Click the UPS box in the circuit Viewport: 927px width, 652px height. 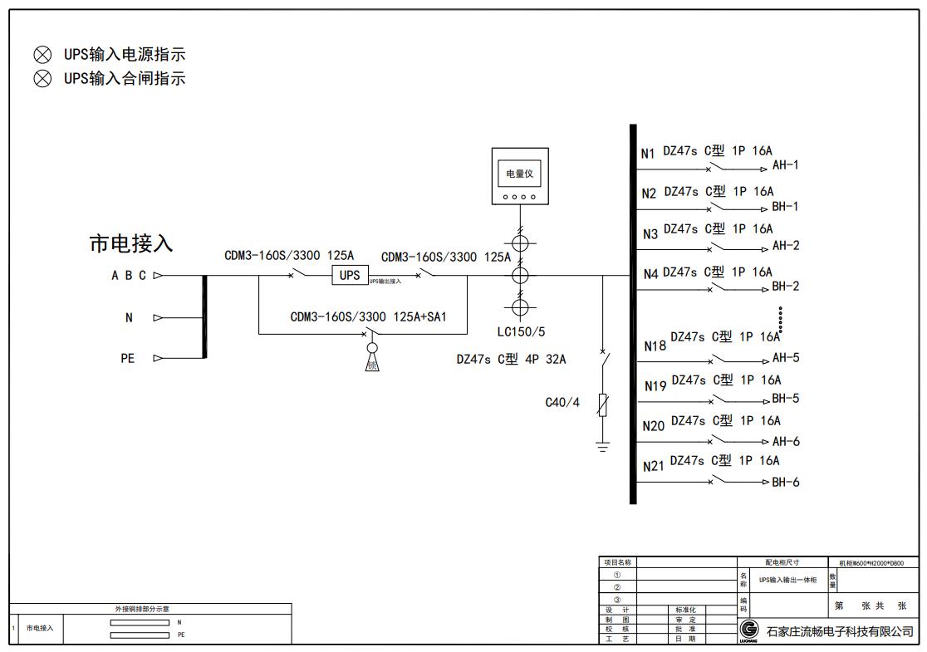[350, 275]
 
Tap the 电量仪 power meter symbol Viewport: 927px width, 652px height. [519, 177]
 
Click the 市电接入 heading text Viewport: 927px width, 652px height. [131, 243]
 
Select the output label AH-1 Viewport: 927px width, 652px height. [786, 165]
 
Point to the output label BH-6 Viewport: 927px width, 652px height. [786, 482]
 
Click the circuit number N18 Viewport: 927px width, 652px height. [655, 346]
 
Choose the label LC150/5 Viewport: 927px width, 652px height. [522, 331]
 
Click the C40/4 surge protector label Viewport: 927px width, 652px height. [562, 403]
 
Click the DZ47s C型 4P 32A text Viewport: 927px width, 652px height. [511, 360]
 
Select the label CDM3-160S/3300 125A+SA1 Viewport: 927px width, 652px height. [368, 316]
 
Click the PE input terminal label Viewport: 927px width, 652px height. [128, 359]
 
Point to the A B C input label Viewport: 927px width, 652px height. [129, 276]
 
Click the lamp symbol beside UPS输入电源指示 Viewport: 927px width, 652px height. [42, 55]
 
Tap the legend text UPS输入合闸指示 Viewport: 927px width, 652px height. [125, 79]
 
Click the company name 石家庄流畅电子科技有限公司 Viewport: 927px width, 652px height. [840, 632]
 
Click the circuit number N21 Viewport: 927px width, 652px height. [654, 467]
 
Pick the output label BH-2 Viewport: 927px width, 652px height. [786, 287]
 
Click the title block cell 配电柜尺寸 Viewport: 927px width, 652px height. [782, 562]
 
